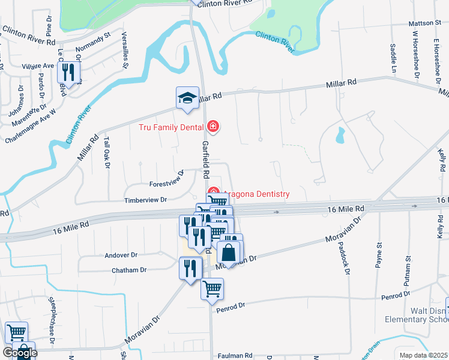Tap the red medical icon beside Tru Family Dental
[212, 126]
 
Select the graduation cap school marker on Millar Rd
[187, 99]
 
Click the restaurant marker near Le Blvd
[68, 74]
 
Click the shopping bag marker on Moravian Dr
[229, 253]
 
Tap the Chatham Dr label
[129, 271]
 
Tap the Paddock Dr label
[346, 259]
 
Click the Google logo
[19, 353]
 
